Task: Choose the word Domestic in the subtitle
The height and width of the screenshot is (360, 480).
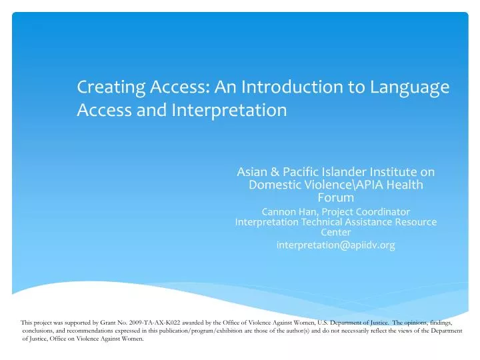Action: click(x=274, y=185)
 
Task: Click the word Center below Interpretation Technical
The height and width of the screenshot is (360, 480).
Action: click(x=336, y=233)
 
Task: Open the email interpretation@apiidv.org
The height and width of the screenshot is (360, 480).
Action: click(x=336, y=245)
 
